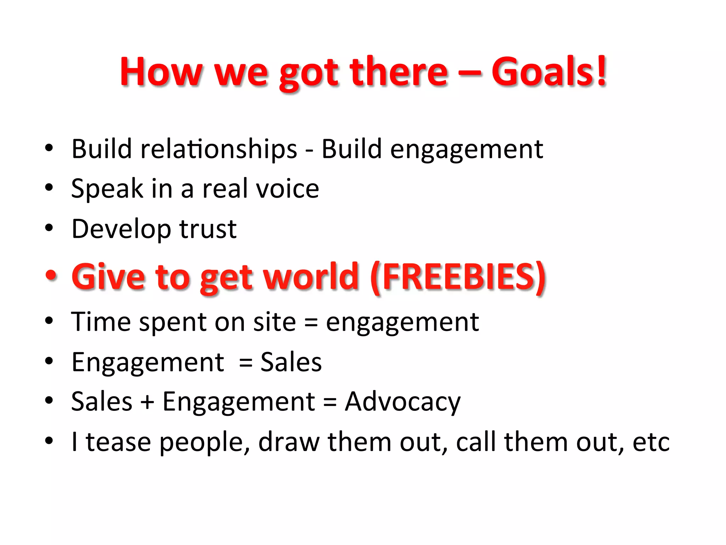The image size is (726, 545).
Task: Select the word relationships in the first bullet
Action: pos(219,149)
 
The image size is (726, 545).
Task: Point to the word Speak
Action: pos(107,189)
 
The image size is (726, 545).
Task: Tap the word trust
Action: pos(208,229)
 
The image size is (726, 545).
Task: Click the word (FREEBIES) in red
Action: pos(458,277)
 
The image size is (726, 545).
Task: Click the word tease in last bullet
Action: pos(118,442)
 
